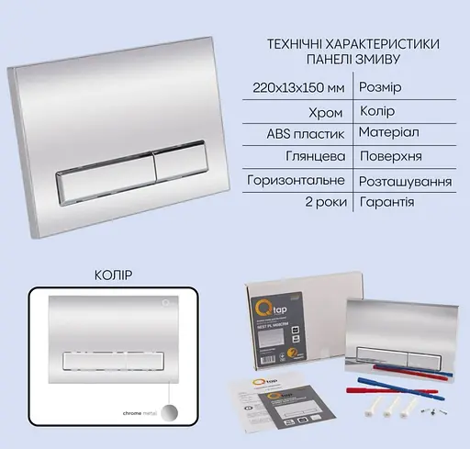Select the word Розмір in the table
click(x=378, y=87)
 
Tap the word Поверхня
click(x=392, y=157)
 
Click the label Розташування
click(x=405, y=181)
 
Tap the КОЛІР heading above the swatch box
click(x=114, y=274)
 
